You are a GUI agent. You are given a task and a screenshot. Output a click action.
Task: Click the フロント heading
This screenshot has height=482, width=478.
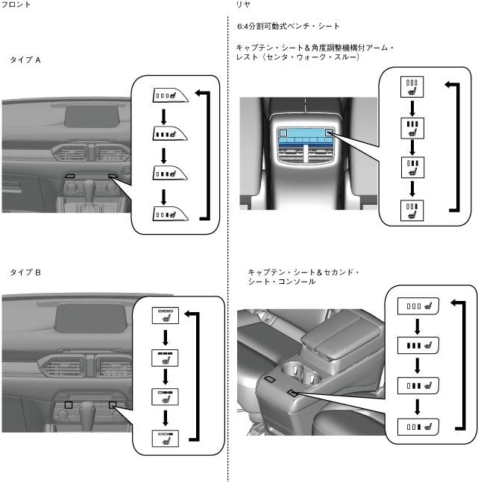(16, 5)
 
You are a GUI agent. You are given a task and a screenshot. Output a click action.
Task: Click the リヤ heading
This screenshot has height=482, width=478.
(242, 5)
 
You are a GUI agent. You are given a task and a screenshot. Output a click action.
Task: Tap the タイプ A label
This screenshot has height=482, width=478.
(25, 60)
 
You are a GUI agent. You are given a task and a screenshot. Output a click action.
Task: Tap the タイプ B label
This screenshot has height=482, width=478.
(25, 273)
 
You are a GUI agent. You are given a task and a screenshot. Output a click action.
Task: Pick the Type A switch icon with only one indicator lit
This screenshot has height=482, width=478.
(169, 213)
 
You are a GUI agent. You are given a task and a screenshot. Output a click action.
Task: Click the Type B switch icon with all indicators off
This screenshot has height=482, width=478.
(164, 316)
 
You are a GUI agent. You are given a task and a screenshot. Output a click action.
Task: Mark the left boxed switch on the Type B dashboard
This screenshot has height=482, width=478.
(68, 404)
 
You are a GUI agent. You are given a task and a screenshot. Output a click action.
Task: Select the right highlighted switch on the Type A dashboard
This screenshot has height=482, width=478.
(112, 177)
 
